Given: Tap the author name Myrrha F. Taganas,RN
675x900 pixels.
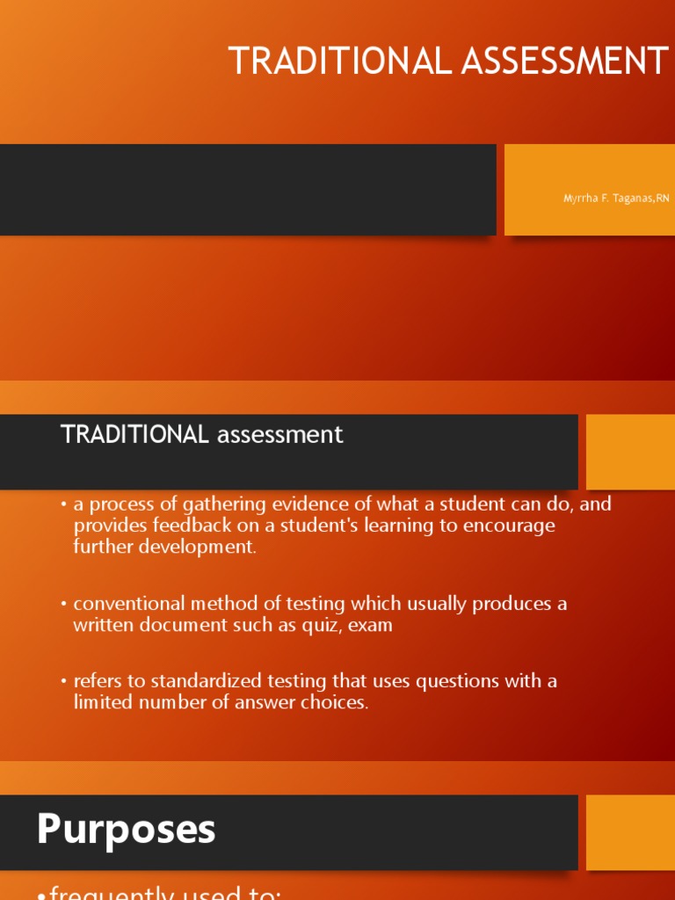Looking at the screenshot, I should (616, 199).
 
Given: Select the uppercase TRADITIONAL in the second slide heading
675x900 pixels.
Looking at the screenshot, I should (134, 434).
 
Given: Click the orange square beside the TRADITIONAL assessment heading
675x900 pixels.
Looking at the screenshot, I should (630, 452).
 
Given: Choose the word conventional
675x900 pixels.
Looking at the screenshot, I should (128, 604).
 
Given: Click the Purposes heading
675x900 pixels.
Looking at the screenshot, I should (126, 830).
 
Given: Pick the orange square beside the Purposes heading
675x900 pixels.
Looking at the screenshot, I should (630, 832).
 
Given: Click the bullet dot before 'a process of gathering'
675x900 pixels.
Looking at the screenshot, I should (64, 505).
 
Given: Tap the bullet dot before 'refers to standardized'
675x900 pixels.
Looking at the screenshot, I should (64, 682).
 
